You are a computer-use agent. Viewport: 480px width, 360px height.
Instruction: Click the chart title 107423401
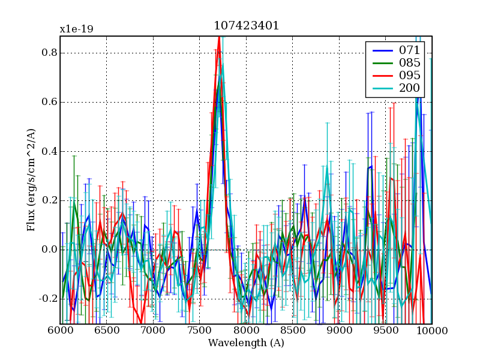(246, 26)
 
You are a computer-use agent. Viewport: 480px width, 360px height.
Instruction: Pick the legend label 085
(409, 62)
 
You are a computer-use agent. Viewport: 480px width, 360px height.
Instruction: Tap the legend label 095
(409, 76)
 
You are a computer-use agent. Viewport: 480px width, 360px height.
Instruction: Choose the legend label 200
(409, 89)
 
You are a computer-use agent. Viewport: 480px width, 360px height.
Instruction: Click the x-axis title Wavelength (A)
(246, 343)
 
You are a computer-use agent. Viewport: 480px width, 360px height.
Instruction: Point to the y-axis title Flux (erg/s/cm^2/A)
(31, 180)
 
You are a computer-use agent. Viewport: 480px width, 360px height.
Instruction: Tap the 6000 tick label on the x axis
(60, 331)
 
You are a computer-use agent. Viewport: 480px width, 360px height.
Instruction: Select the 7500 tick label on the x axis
(199, 331)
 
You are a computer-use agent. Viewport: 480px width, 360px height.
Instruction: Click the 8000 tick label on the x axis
(246, 331)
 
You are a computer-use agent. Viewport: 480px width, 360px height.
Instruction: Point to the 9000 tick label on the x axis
(339, 331)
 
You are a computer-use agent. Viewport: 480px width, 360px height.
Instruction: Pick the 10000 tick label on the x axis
(432, 331)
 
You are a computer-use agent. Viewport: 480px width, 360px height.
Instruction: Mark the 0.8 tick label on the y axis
(49, 53)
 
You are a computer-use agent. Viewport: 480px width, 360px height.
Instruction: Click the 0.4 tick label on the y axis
(49, 151)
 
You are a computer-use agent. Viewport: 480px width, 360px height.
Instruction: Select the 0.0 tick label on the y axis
(49, 250)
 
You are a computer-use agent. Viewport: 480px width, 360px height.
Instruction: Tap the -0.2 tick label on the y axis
(47, 299)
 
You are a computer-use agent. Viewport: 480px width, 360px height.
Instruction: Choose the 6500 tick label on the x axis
(106, 331)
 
